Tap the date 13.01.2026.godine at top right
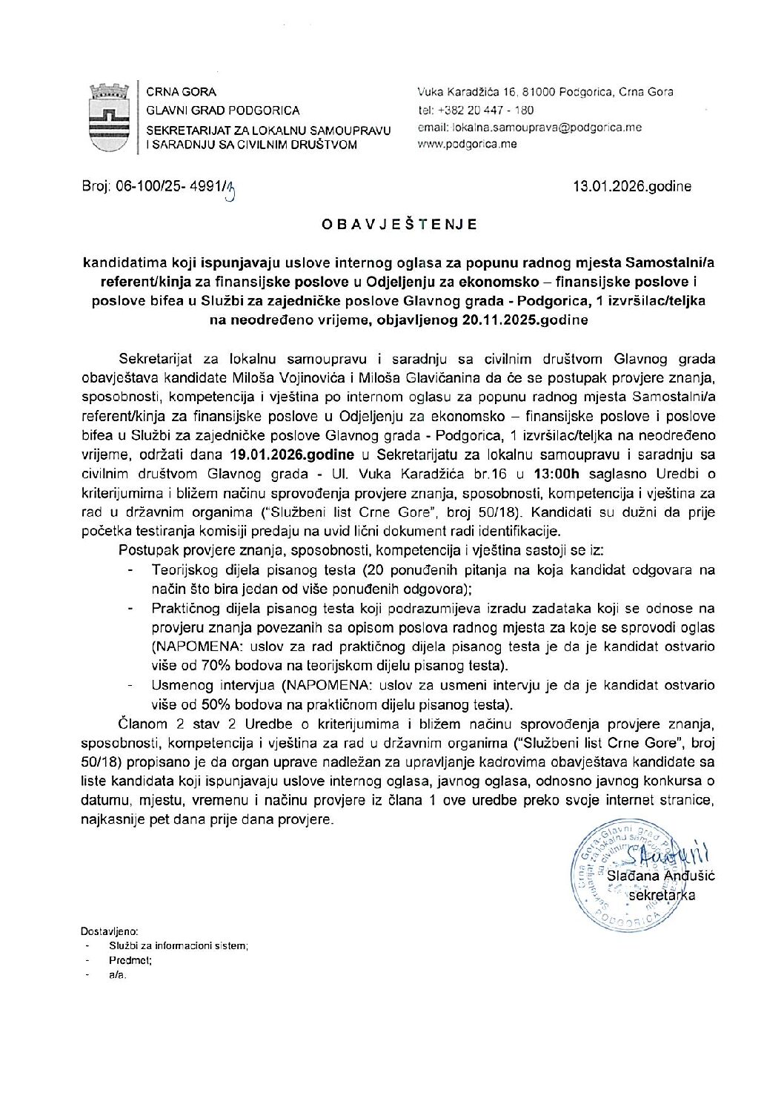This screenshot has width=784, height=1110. click(x=632, y=186)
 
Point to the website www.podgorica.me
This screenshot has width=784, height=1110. click(x=468, y=144)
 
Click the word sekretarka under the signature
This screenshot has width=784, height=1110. click(x=661, y=895)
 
